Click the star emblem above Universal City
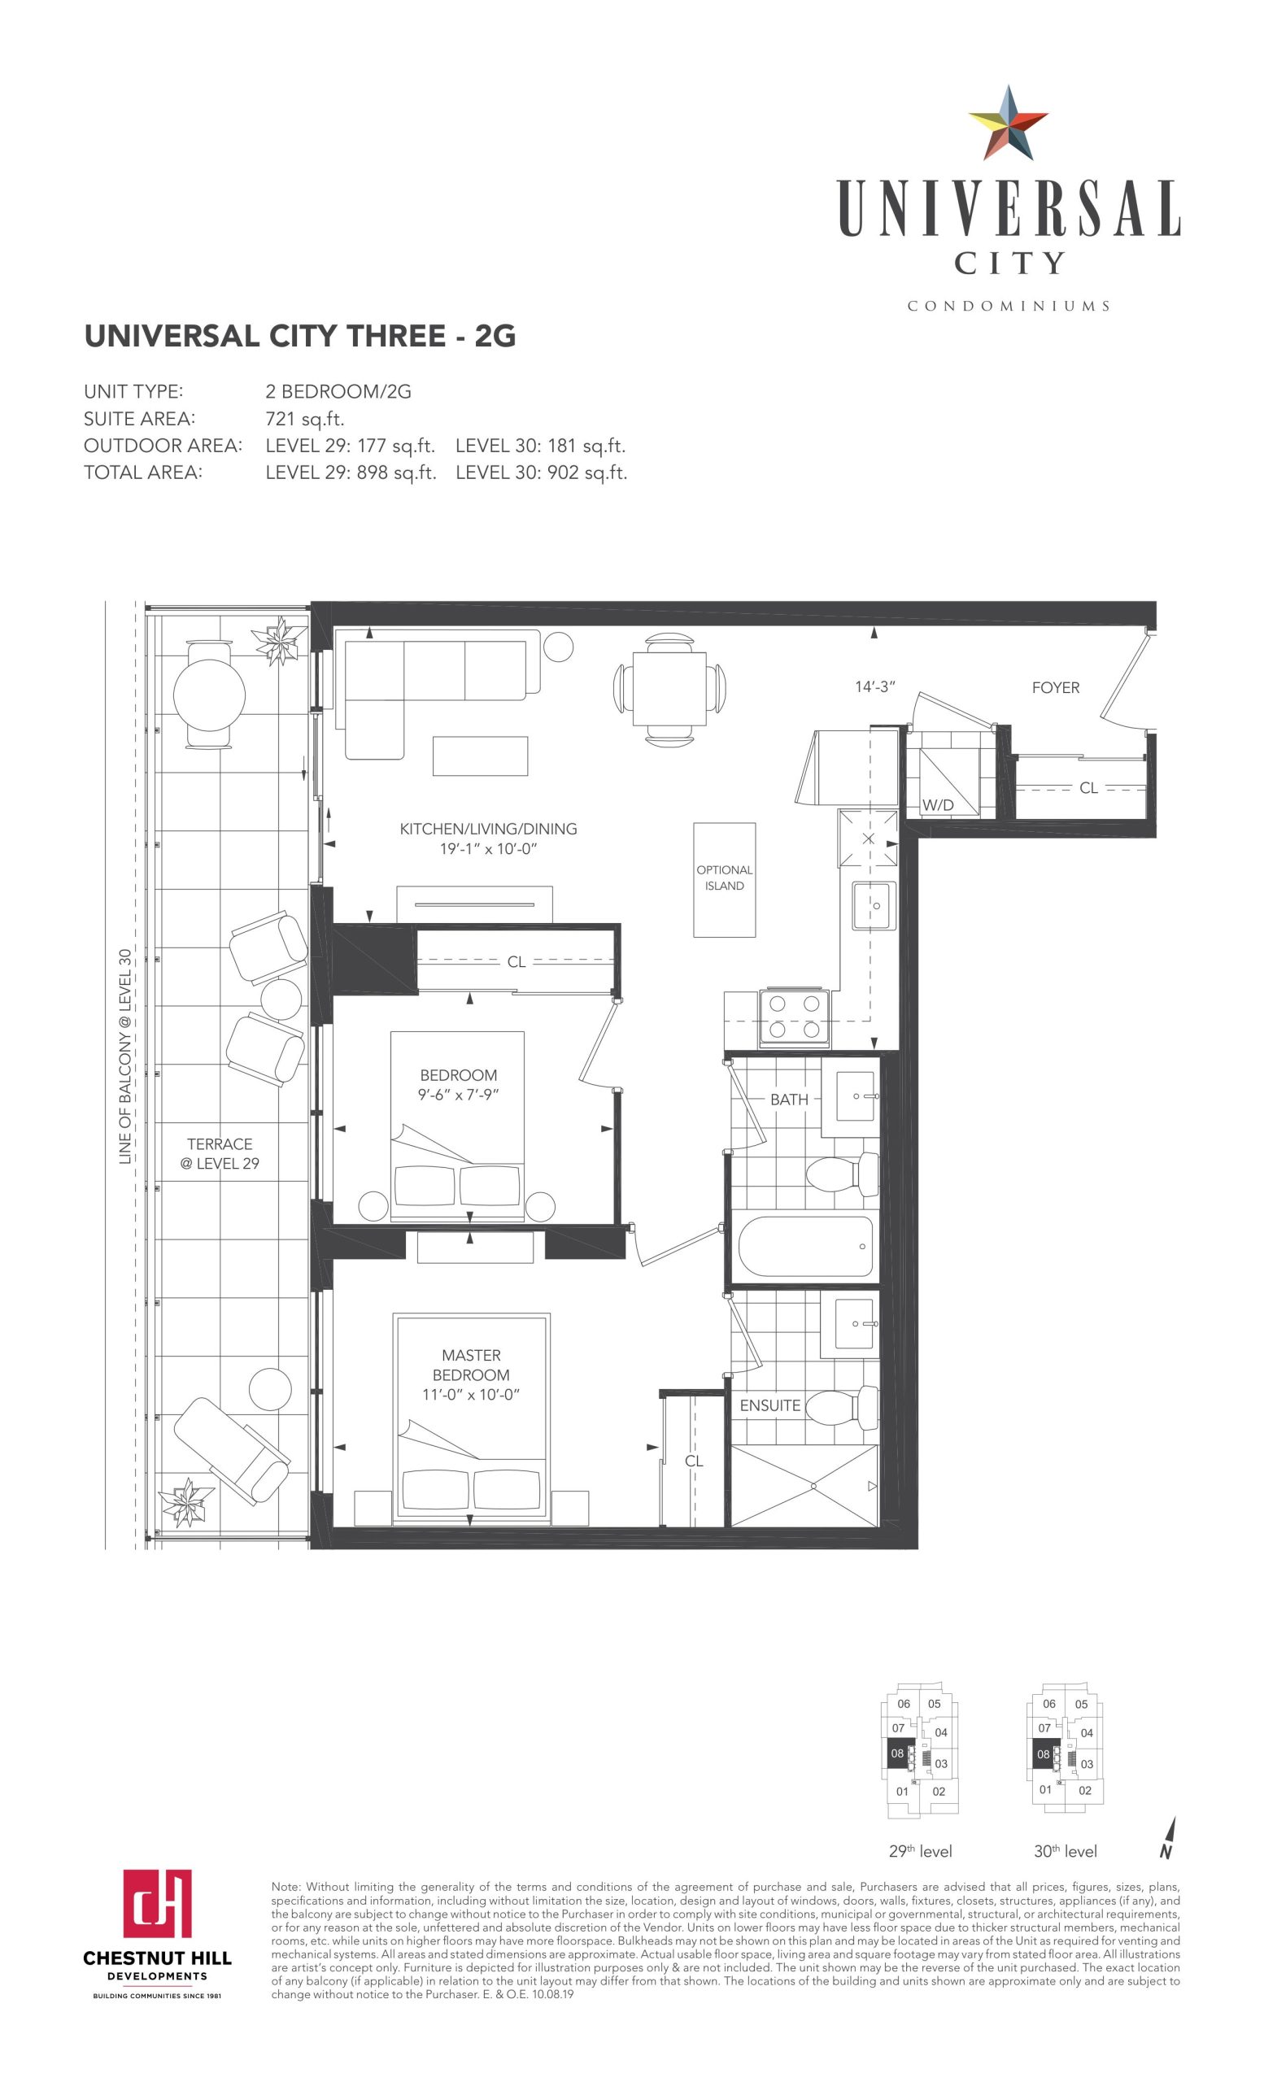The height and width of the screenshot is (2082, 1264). (1008, 124)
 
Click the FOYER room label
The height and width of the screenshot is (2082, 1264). (1055, 688)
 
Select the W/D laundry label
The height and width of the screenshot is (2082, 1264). (938, 805)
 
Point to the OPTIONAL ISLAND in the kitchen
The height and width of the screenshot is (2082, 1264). (724, 880)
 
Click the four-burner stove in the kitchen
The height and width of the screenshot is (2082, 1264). (794, 1017)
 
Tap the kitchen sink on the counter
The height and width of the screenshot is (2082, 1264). (874, 905)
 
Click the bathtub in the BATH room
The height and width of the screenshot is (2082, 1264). (805, 1246)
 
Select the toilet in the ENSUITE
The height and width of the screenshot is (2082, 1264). (842, 1407)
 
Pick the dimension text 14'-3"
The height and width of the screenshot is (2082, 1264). (874, 687)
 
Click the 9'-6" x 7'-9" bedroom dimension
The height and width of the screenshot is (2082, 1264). (458, 1094)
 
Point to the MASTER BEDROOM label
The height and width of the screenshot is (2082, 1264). (471, 1365)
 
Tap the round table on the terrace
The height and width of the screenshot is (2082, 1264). (210, 694)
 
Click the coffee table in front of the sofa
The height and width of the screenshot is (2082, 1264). (480, 756)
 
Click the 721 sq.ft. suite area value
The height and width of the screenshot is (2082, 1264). (305, 419)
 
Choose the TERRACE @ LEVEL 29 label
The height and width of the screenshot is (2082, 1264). (220, 1153)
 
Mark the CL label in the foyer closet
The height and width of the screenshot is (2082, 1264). (1088, 787)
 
